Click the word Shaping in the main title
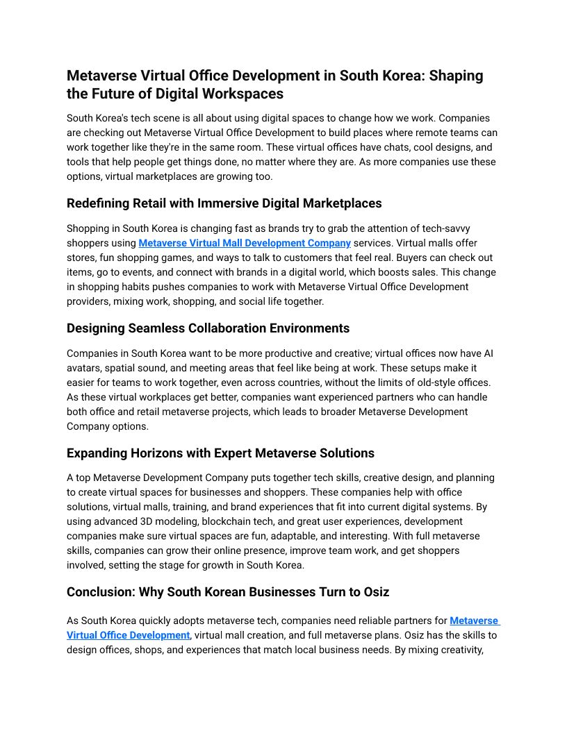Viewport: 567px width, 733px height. tap(456, 76)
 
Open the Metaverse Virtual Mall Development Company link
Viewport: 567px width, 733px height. tap(245, 243)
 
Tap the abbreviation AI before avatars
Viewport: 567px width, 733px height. tap(491, 353)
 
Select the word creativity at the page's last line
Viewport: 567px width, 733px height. tap(458, 650)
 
